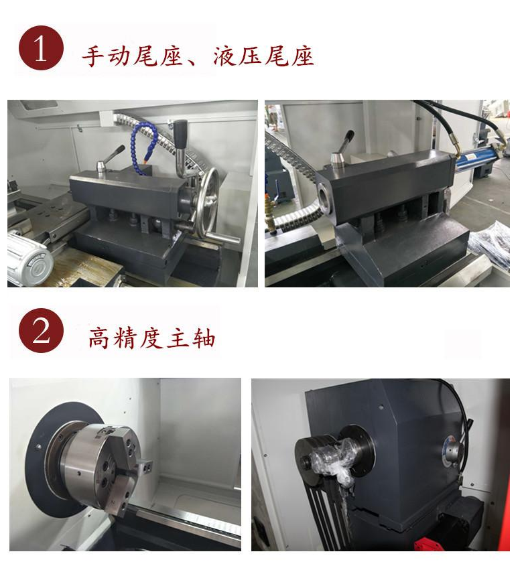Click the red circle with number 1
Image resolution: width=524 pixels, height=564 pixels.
click(41, 50)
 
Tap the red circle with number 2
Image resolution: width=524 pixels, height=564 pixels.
click(41, 331)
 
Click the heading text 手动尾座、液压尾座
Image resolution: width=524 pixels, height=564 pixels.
click(198, 56)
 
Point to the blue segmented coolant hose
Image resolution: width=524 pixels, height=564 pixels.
click(143, 143)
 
